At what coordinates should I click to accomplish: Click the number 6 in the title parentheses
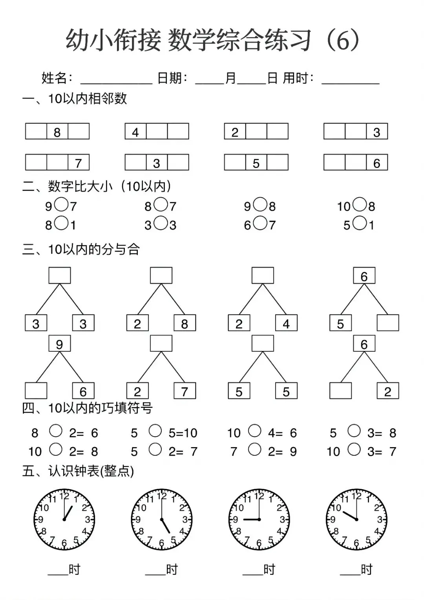[x=342, y=40]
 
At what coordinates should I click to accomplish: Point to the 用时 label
[x=295, y=78]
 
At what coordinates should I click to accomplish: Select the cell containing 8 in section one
[x=57, y=132]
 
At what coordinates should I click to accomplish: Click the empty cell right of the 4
[x=157, y=132]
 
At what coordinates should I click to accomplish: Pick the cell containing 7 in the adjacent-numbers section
[x=79, y=163]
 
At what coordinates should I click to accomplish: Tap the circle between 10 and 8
[x=359, y=204]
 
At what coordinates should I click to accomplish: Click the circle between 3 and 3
[x=160, y=224]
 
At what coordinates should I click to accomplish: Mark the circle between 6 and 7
[x=260, y=224]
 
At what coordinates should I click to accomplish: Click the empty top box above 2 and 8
[x=161, y=275]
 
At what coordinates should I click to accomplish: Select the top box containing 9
[x=60, y=344]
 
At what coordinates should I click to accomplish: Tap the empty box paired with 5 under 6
[x=388, y=323]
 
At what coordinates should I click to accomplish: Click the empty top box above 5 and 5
[x=263, y=343]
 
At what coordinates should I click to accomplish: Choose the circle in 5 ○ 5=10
[x=155, y=431]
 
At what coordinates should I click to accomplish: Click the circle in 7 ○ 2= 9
[x=255, y=450]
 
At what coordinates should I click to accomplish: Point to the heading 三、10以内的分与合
[x=81, y=249]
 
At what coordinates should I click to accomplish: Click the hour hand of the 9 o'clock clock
[x=250, y=520]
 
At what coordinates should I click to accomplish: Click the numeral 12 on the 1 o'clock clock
[x=64, y=496]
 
